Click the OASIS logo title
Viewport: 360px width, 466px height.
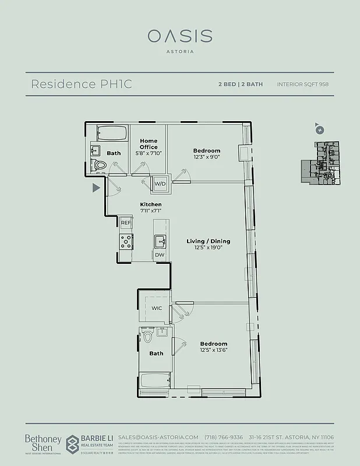(179, 36)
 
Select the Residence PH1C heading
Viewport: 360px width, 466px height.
(81, 84)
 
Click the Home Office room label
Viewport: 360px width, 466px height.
(149, 144)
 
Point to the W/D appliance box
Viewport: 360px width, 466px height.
(159, 183)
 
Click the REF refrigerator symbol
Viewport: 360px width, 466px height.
(126, 223)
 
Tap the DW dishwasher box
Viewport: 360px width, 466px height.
(159, 255)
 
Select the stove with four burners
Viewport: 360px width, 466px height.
(126, 241)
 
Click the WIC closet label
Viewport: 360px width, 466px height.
(157, 308)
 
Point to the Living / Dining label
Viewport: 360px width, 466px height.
(208, 241)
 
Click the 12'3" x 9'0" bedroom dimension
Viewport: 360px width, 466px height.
(207, 157)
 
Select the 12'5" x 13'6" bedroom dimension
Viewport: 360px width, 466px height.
(213, 350)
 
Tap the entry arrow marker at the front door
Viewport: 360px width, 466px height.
(96, 188)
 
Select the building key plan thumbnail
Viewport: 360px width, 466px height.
(320, 161)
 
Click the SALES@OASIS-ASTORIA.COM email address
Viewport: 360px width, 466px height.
(158, 437)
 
